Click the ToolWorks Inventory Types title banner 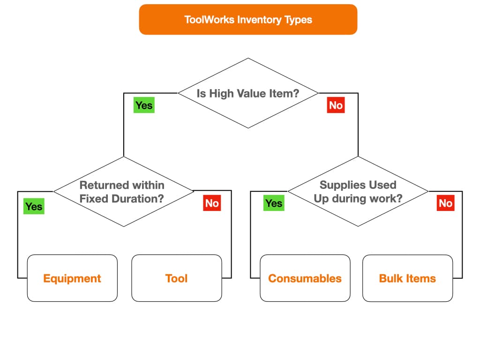tap(248, 19)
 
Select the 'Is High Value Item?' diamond tap(248, 93)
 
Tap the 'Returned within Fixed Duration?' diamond tap(124, 191)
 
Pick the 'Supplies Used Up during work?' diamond tap(358, 191)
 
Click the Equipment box tap(72, 278)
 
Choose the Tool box tap(177, 278)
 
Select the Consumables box tap(305, 278)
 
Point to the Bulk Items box tap(407, 278)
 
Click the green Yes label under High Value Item tap(144, 105)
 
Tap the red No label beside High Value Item tap(336, 105)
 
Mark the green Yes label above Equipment tap(34, 206)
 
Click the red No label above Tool tap(212, 203)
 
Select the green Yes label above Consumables tap(274, 203)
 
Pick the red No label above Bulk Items tap(445, 203)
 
